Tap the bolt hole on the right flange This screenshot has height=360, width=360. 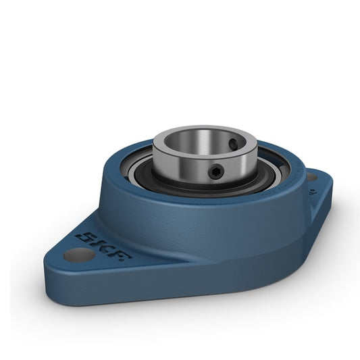(312, 176)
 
